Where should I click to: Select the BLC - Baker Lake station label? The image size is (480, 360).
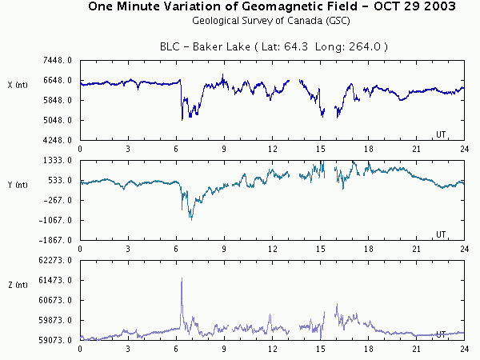click(272, 47)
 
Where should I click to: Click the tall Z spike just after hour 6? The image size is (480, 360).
click(182, 280)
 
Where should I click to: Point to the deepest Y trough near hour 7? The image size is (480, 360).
click(191, 218)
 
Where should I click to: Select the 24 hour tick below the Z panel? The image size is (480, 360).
click(463, 349)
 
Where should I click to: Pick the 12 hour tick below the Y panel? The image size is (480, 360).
click(272, 249)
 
